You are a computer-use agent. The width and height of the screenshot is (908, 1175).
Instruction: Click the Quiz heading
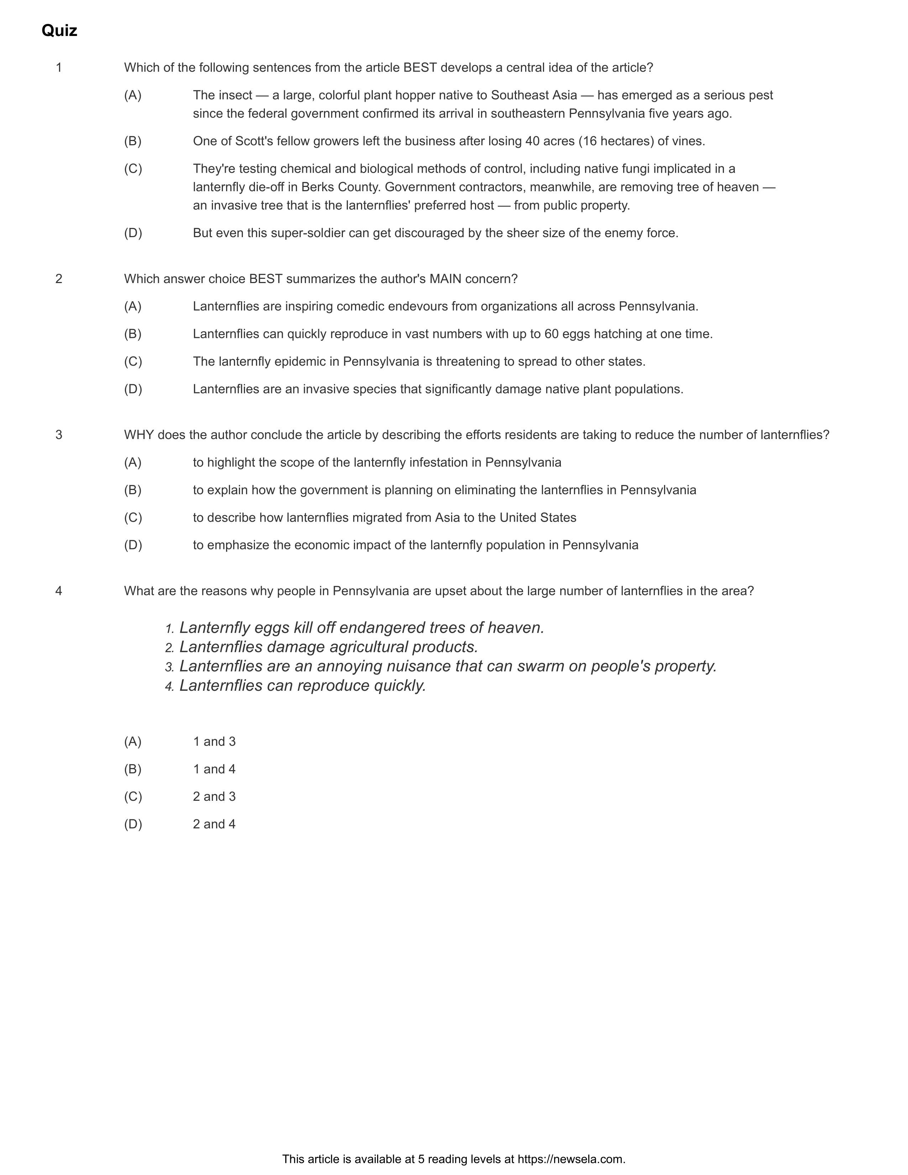[59, 31]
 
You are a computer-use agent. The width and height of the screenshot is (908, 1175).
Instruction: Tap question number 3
[59, 435]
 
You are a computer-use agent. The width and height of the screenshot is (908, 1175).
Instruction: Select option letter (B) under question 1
[133, 141]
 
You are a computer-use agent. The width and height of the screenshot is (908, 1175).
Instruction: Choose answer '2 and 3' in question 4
[214, 796]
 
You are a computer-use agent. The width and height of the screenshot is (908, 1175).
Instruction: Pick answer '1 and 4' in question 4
[214, 769]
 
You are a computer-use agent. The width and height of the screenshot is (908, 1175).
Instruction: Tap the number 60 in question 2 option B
[551, 334]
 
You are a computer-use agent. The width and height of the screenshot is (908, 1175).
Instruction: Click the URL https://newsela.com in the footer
[571, 1159]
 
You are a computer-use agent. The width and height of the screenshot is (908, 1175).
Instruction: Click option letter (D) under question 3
[133, 545]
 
